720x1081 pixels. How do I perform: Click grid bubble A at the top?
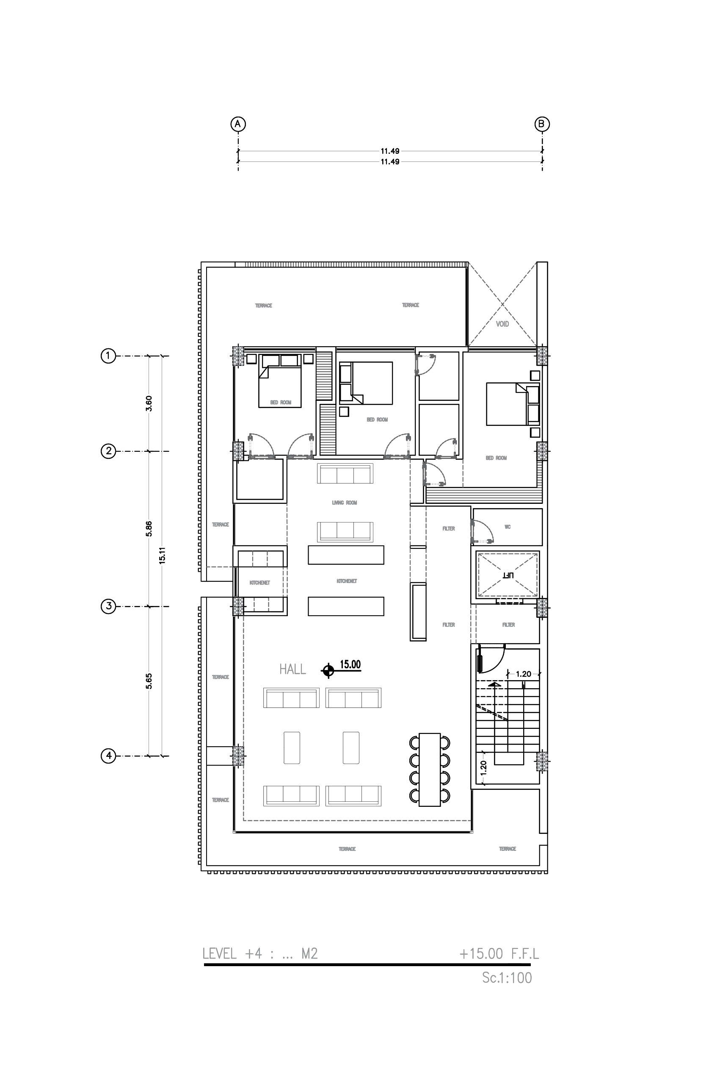238,124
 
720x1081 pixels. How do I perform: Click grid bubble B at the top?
542,124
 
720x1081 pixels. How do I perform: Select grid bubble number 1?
108,356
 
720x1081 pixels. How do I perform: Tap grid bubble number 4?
108,756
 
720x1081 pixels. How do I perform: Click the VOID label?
502,324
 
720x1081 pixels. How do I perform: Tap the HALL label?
292,670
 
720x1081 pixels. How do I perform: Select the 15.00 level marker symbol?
328,671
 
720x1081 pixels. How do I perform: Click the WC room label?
508,527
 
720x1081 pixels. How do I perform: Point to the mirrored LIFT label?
508,575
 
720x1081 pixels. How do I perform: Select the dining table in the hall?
430,770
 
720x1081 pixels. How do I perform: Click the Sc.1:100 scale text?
507,978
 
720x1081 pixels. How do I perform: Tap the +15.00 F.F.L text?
499,954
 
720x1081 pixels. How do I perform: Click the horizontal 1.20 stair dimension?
524,674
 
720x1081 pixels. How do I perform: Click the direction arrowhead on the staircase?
494,684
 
